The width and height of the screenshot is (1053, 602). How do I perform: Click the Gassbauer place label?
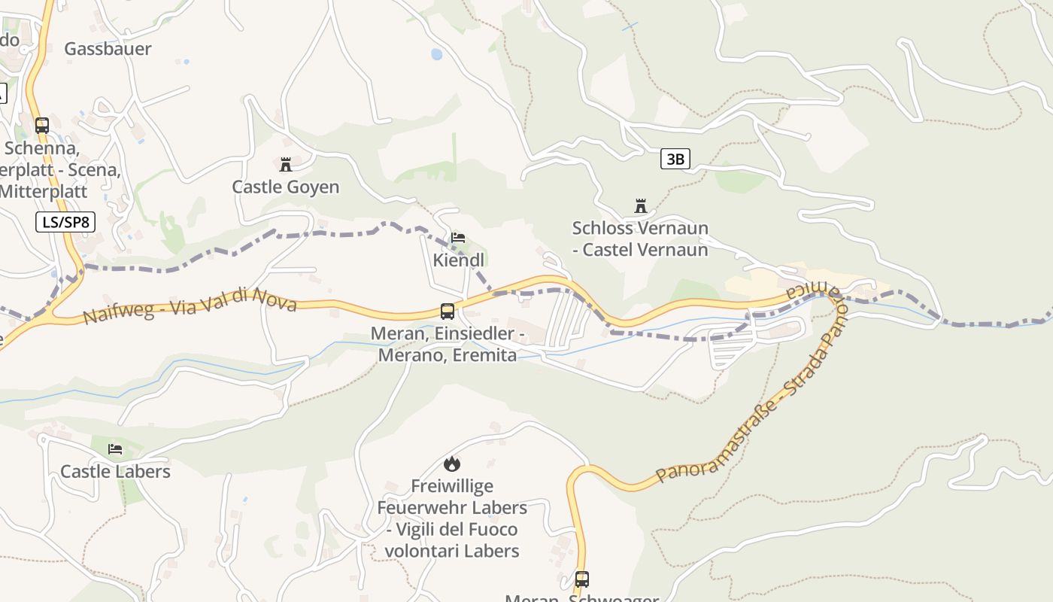(108, 49)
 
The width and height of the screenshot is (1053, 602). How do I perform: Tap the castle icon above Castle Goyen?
(286, 164)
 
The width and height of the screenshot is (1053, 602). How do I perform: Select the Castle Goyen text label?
(285, 187)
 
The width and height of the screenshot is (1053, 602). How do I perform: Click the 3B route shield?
(675, 159)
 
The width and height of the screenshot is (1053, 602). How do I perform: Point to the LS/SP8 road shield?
(65, 222)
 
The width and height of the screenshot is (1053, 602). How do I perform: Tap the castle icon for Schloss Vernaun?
(641, 205)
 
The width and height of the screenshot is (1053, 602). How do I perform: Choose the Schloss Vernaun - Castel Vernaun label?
(640, 239)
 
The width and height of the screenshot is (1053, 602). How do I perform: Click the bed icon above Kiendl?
(457, 238)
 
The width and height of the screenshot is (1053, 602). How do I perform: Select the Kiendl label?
(459, 260)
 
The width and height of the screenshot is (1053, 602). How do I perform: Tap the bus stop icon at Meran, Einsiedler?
(448, 311)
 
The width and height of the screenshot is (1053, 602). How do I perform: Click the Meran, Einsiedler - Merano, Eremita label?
(448, 344)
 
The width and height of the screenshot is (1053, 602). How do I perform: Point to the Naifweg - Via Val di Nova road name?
(190, 305)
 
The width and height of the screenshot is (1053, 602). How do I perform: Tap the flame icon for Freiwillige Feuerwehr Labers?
(451, 464)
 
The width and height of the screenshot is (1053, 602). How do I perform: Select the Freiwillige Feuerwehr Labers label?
(451, 518)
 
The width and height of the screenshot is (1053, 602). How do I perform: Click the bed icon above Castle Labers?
(115, 449)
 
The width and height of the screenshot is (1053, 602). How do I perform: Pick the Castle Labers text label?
(115, 472)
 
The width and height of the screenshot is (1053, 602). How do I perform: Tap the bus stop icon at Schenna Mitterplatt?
(42, 126)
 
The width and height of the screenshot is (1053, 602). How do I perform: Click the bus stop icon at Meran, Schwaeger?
(582, 579)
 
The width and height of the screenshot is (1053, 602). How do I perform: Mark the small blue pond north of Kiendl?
(436, 54)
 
